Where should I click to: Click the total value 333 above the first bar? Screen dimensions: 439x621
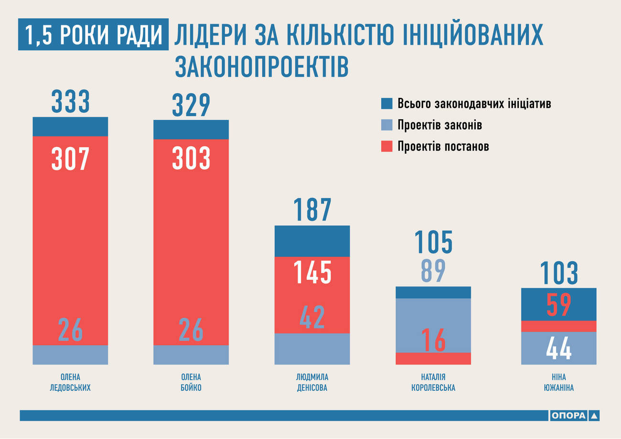(x=70, y=102)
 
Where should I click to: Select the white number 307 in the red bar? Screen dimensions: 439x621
(x=70, y=158)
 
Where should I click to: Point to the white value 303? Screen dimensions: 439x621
(x=191, y=158)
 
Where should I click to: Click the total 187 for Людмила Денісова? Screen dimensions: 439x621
(x=312, y=210)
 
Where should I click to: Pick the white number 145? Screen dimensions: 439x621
(x=312, y=272)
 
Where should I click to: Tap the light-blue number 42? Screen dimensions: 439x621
(x=312, y=317)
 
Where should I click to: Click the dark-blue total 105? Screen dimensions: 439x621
(x=433, y=242)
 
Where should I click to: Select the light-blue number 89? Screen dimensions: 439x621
(x=433, y=271)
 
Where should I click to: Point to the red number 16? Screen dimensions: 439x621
(x=433, y=340)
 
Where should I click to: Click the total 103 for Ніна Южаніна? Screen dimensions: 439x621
(x=559, y=273)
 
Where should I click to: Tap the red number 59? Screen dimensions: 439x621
(x=559, y=304)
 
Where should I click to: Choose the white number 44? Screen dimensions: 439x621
(x=559, y=348)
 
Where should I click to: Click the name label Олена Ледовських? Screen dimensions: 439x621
(x=70, y=382)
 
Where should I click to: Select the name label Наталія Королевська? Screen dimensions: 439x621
(x=433, y=382)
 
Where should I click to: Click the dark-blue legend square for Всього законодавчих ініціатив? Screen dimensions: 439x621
(x=387, y=104)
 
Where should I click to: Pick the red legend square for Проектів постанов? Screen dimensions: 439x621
(x=387, y=146)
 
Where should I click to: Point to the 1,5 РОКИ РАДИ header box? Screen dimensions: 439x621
(x=93, y=34)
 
